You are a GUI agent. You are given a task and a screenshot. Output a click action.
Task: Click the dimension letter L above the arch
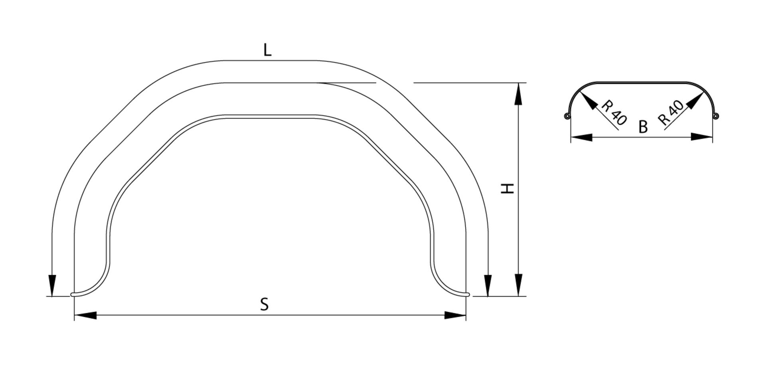[267, 50]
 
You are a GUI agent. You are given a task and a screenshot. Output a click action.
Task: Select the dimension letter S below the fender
[264, 304]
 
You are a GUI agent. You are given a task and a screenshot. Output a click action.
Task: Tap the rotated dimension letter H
[507, 189]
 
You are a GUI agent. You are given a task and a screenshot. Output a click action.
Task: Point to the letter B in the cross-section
[643, 127]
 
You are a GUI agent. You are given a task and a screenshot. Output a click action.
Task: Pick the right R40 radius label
[671, 113]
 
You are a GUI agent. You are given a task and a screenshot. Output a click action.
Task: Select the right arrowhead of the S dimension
[455, 315]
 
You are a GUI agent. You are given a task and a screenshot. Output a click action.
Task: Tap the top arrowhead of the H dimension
[518, 94]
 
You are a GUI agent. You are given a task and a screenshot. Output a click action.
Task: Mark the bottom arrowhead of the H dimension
[518, 285]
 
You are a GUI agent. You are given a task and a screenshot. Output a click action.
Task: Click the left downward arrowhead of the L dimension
[52, 286]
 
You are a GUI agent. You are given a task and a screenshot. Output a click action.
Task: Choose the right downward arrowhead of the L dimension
[488, 286]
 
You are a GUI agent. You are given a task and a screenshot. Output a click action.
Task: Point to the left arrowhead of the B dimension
[582, 137]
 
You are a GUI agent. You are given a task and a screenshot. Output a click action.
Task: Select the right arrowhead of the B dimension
[702, 137]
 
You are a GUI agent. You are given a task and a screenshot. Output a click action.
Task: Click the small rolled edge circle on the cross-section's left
[567, 116]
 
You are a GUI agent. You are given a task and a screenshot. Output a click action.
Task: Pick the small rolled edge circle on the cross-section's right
[716, 116]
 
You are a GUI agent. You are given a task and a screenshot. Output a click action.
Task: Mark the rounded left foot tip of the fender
[73, 295]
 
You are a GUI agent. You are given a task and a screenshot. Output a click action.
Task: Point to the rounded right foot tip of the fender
[468, 295]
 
